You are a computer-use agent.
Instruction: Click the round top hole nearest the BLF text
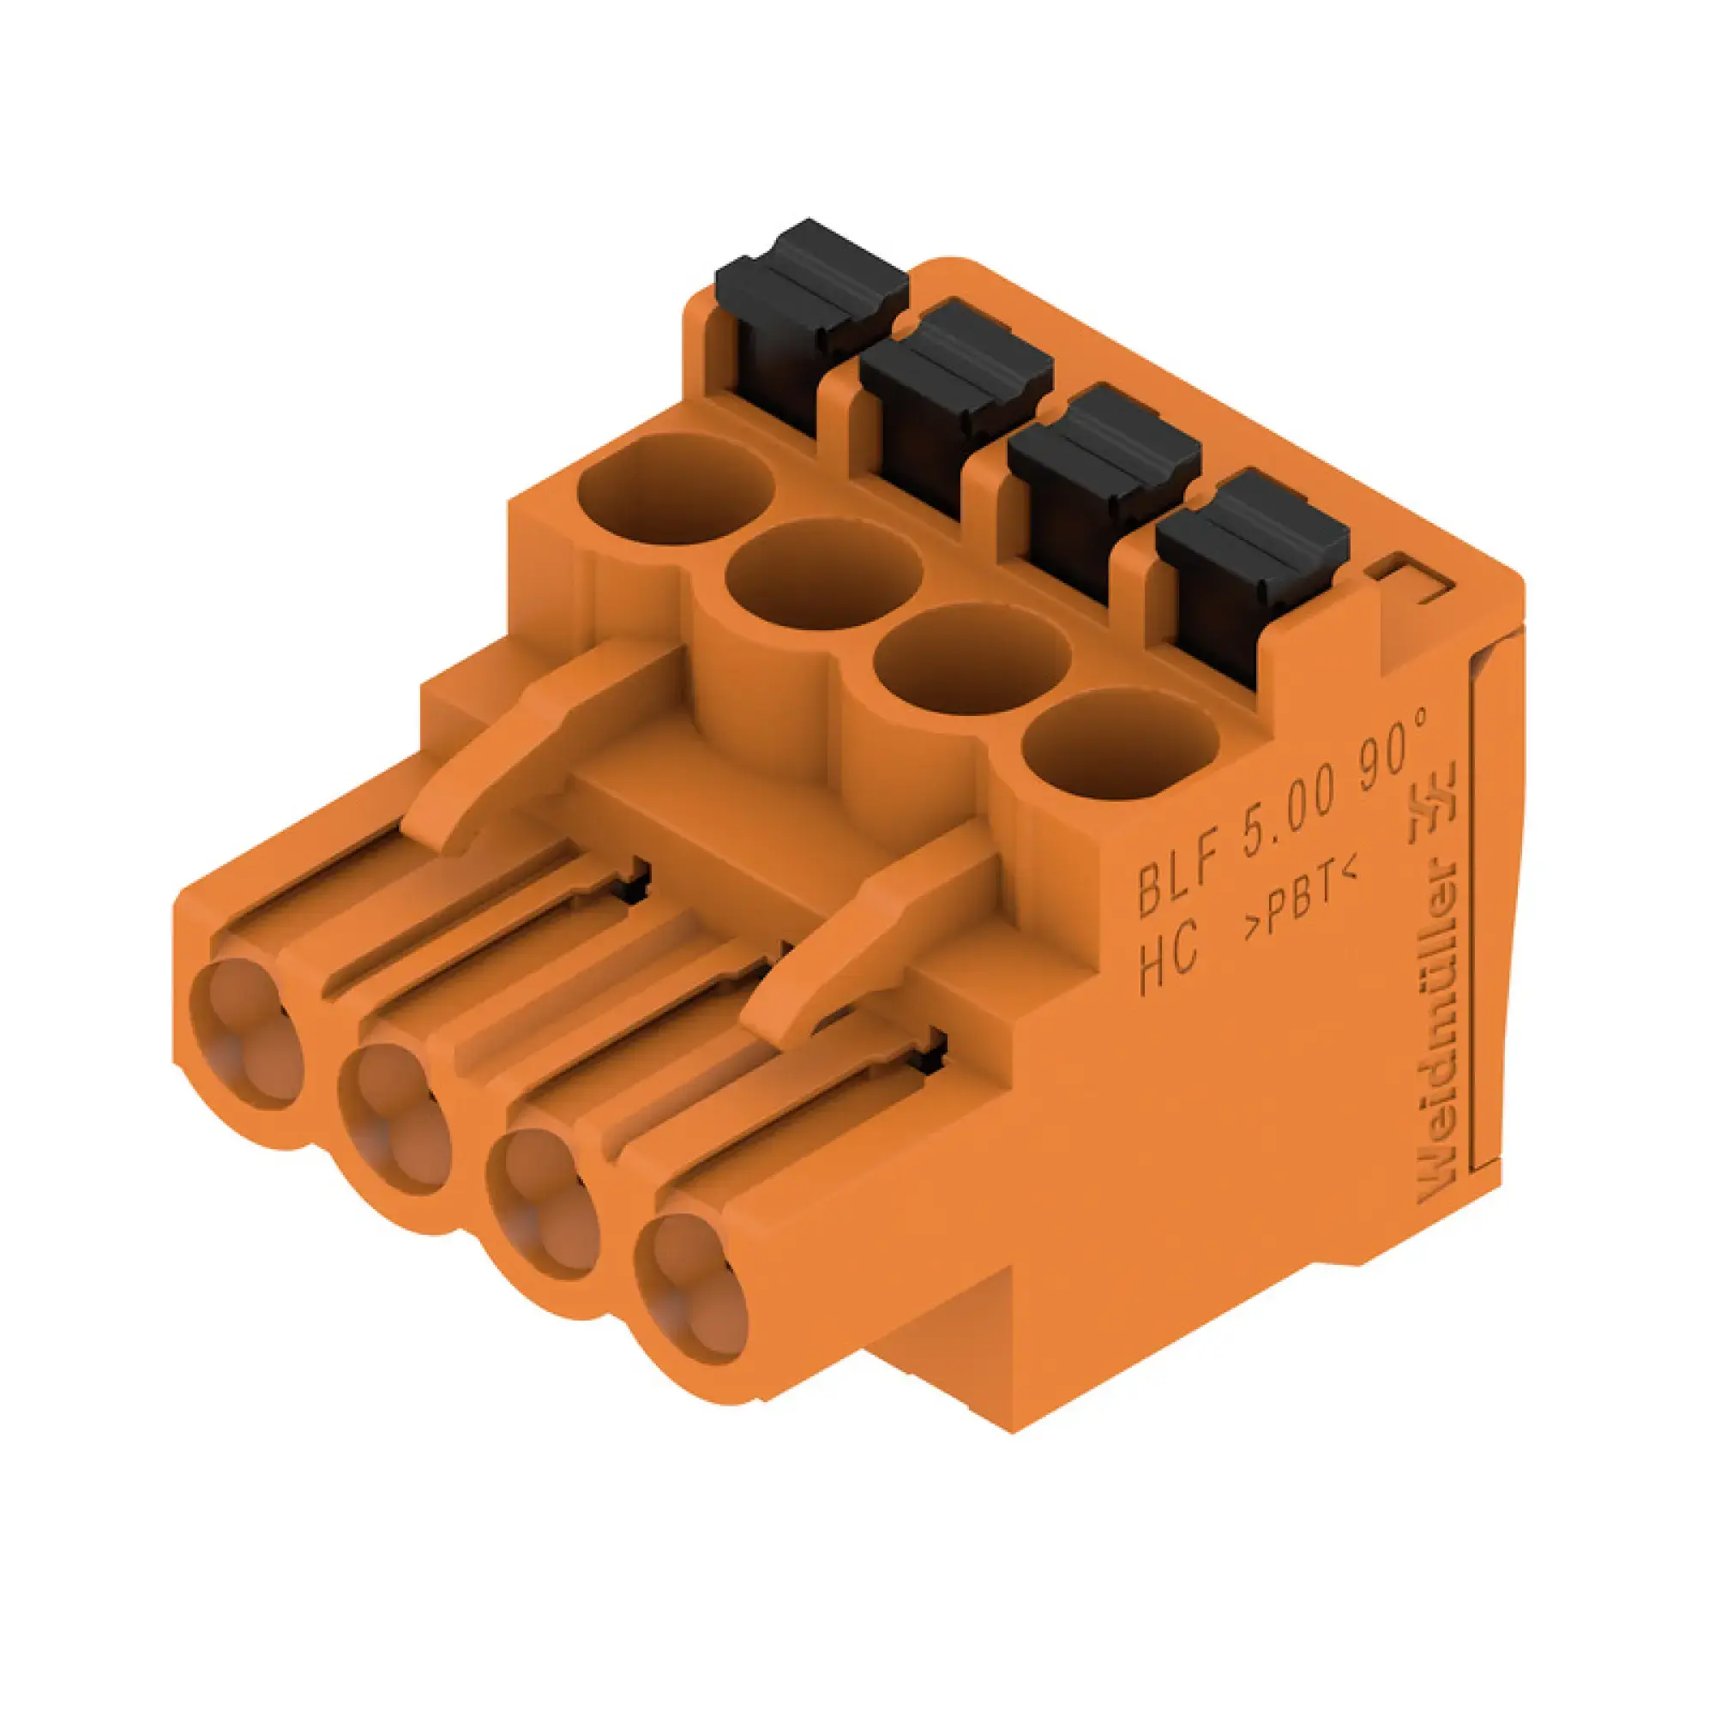coord(1120,742)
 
